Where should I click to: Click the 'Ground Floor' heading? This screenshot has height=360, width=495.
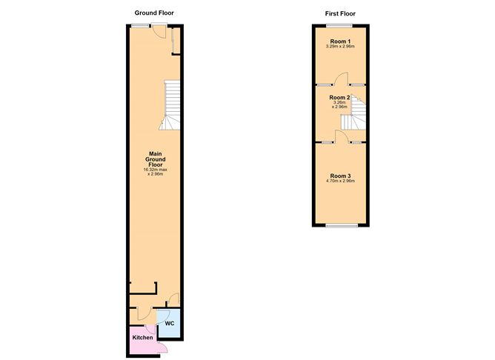pyautogui.click(x=154, y=13)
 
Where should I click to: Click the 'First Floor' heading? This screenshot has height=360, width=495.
pyautogui.click(x=340, y=13)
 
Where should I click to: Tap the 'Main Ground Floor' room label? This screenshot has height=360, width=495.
pyautogui.click(x=156, y=160)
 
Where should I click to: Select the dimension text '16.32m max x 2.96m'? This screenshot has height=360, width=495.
pyautogui.click(x=156, y=172)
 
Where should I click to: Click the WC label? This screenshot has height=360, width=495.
pyautogui.click(x=169, y=324)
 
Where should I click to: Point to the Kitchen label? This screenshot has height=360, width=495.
pyautogui.click(x=142, y=337)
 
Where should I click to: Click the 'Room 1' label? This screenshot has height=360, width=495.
pyautogui.click(x=340, y=41)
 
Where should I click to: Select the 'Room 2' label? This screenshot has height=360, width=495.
pyautogui.click(x=339, y=97)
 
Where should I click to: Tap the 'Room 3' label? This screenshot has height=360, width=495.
pyautogui.click(x=340, y=175)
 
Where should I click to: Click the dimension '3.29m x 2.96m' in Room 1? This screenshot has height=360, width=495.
pyautogui.click(x=340, y=47)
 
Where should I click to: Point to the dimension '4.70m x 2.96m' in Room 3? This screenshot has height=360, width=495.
pyautogui.click(x=340, y=181)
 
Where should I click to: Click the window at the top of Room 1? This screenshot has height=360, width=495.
pyautogui.click(x=340, y=26)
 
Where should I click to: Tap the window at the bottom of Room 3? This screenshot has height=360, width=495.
pyautogui.click(x=340, y=223)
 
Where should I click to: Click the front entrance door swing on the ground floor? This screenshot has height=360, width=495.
pyautogui.click(x=159, y=32)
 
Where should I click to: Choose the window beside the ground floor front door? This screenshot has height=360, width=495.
pyautogui.click(x=138, y=27)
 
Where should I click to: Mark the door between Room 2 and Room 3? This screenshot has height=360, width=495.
pyautogui.click(x=340, y=136)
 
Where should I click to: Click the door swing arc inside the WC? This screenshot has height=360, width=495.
pyautogui.click(x=163, y=316)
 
